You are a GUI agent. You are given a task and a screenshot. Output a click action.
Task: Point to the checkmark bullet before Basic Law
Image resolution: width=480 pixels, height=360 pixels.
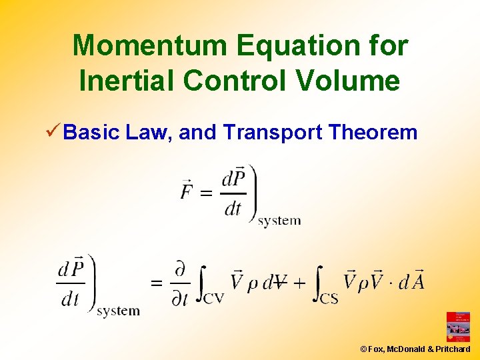click(x=53, y=132)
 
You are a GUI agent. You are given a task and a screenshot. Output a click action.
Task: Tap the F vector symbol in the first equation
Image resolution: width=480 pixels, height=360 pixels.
click(x=188, y=190)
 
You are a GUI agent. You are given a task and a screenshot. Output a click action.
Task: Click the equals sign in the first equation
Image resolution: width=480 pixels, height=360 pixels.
click(x=207, y=194)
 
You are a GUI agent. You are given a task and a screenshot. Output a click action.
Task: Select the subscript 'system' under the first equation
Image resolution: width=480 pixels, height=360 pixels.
click(x=279, y=221)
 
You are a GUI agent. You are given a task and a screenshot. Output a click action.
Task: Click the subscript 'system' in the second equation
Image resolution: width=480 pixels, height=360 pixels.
click(x=118, y=311)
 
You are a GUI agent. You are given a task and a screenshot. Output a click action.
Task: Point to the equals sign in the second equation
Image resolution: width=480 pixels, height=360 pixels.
click(x=156, y=283)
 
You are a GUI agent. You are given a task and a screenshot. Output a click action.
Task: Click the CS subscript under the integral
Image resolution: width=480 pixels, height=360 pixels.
click(x=329, y=298)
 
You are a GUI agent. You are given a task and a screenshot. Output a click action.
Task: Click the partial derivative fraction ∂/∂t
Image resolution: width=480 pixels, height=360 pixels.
click(x=180, y=283)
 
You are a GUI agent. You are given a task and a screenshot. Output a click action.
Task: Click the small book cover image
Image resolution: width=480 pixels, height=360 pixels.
click(x=458, y=327)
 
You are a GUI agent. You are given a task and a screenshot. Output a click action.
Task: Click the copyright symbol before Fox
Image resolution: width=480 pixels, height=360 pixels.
click(x=363, y=349)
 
